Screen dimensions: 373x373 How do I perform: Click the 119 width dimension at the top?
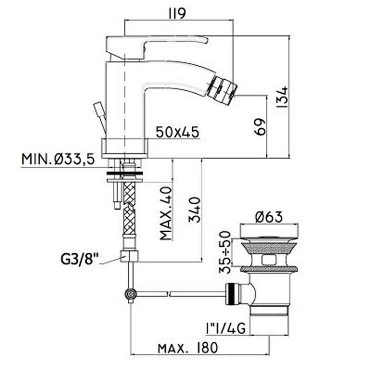(178, 14)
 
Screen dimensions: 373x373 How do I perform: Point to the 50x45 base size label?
(178, 132)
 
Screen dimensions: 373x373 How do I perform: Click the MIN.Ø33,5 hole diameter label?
(58, 159)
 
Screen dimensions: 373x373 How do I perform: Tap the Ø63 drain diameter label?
(269, 216)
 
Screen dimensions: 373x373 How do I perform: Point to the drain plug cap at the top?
(269, 231)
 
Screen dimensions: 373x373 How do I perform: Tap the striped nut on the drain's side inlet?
(232, 294)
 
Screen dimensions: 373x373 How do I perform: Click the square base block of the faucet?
(124, 147)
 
